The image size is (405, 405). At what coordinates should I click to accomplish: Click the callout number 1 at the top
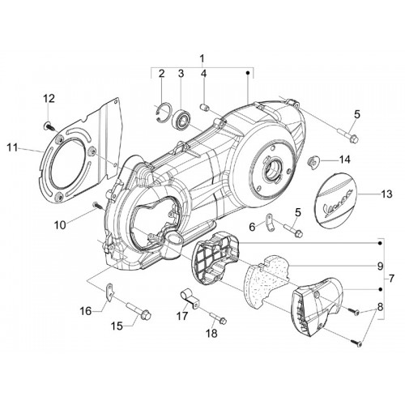pyautogui.click(x=202, y=58)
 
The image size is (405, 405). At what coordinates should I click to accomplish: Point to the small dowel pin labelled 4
pyautogui.click(x=204, y=108)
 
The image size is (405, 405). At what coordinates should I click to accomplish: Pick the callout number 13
pyautogui.click(x=386, y=194)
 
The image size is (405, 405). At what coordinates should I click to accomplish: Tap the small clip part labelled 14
pyautogui.click(x=313, y=163)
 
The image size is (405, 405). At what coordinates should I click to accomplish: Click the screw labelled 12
pyautogui.click(x=49, y=126)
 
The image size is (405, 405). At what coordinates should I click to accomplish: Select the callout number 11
pyautogui.click(x=12, y=148)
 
